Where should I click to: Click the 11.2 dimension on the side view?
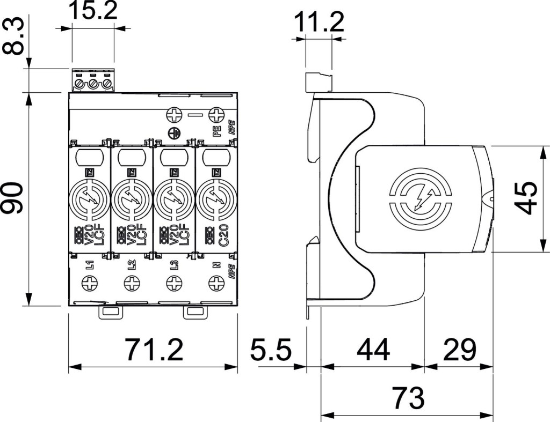click(x=319, y=22)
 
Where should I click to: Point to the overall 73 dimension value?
click(x=408, y=398)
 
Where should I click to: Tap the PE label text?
click(x=216, y=131)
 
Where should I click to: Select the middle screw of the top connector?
click(x=93, y=84)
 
